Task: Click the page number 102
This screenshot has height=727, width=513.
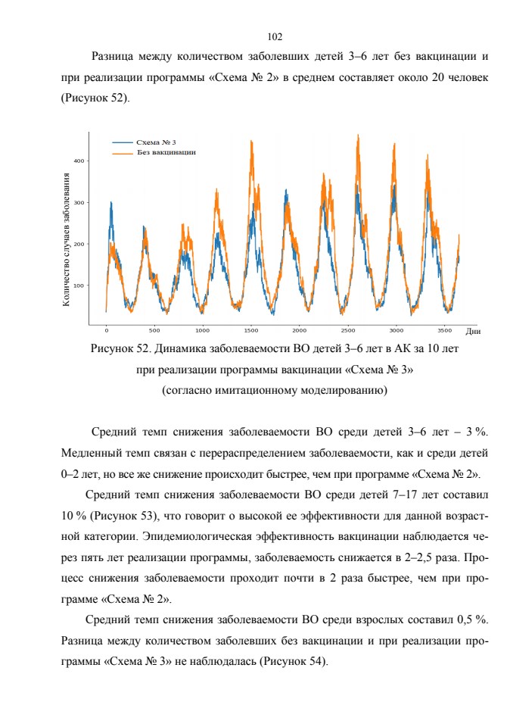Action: [x=275, y=36]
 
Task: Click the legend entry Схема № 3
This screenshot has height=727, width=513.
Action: [x=156, y=142]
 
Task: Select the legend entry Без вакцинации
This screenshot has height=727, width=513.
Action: [x=166, y=152]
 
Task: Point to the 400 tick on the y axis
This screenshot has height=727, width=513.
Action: [x=79, y=161]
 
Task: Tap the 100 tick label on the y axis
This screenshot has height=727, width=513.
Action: [x=79, y=285]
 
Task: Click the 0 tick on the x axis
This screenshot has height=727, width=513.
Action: [x=106, y=331]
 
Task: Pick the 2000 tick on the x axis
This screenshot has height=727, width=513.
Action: [x=300, y=331]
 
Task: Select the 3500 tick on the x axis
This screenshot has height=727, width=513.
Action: [x=444, y=331]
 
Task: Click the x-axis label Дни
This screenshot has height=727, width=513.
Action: [x=473, y=332]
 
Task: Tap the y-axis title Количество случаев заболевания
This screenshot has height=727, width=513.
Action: [x=67, y=240]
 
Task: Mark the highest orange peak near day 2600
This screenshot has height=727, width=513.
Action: [x=358, y=136]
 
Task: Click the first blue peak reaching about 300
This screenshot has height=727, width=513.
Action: [x=111, y=203]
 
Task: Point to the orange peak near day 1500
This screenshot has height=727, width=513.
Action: [x=251, y=141]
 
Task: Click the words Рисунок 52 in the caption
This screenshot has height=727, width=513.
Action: [x=120, y=348]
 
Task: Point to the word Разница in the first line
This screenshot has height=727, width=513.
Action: [x=113, y=57]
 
